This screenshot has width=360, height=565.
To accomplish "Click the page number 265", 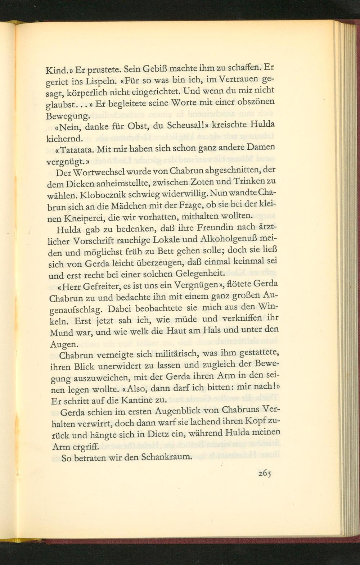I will click(x=264, y=473).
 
